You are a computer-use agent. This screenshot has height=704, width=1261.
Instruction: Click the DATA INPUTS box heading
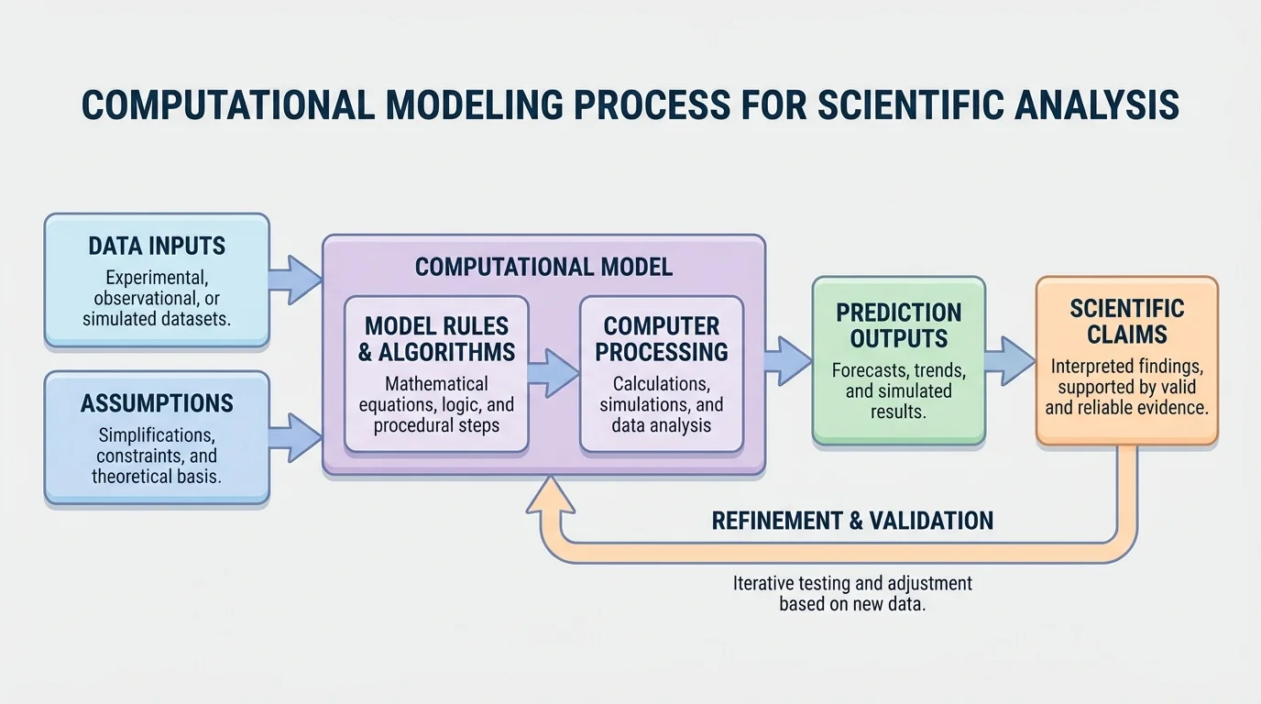(157, 246)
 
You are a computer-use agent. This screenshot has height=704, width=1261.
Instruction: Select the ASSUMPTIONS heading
(157, 403)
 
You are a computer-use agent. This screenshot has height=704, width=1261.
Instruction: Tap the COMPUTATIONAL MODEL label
(543, 267)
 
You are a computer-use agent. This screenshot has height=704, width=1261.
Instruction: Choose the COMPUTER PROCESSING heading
(661, 338)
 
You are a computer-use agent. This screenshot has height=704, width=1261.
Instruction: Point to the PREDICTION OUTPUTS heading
(898, 324)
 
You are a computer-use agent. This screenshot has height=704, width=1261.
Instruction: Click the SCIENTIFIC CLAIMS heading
(1126, 320)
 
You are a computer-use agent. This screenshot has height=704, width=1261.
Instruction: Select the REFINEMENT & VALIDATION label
(852, 521)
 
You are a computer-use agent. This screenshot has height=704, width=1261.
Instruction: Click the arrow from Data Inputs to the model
(295, 279)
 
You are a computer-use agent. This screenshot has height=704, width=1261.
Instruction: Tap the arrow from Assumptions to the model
(295, 436)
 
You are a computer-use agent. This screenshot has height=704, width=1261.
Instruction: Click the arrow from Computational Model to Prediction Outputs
(787, 359)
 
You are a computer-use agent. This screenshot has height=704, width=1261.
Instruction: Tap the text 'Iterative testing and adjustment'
(852, 583)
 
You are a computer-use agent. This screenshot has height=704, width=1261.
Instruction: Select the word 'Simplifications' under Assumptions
(157, 434)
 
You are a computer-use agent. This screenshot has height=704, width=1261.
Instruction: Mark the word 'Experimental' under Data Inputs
(157, 277)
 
